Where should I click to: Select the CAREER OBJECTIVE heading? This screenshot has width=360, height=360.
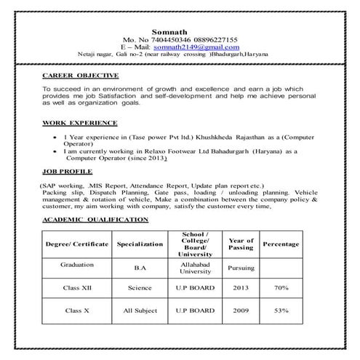(80, 75)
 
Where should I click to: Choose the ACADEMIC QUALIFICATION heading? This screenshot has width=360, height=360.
(95, 219)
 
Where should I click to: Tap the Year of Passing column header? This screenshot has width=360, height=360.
(241, 245)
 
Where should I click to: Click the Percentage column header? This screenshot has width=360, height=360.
(281, 245)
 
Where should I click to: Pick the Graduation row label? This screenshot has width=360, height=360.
(76, 265)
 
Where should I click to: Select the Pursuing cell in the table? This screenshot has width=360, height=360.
(241, 268)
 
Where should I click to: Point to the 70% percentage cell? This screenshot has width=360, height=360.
(281, 289)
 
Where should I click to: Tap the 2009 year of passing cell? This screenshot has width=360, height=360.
(241, 311)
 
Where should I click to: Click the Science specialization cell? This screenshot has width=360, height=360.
(140, 289)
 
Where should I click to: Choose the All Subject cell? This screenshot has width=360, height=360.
(140, 311)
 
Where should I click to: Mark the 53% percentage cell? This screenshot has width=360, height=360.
(281, 311)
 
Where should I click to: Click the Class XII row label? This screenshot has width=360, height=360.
(76, 289)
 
